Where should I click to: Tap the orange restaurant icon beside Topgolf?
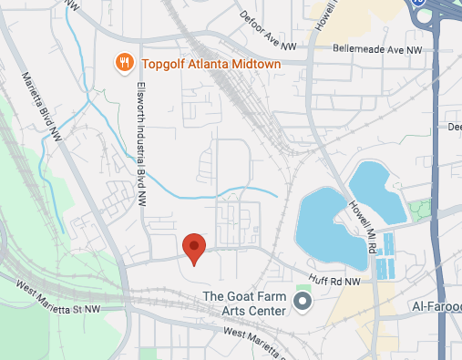(x=122, y=63)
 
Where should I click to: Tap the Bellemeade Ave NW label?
(x=378, y=49)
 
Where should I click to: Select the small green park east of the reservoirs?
(x=420, y=209)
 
